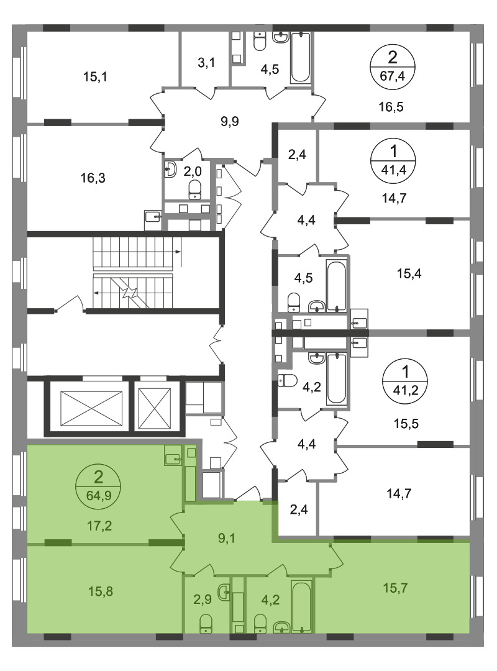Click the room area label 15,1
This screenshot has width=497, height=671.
[95, 77]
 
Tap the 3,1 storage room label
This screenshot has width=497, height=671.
[206, 63]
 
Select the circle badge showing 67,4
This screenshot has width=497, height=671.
[392, 66]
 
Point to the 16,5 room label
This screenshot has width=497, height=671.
[391, 107]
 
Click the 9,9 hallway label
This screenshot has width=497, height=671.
[229, 122]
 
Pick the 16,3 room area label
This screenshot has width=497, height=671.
[93, 178]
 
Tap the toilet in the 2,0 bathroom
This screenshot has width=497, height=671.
[195, 189]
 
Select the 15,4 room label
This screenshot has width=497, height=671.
[409, 273]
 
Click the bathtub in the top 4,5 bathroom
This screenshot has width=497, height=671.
[300, 58]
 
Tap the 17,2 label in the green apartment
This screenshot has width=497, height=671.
[99, 526]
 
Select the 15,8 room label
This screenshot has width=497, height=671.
[100, 591]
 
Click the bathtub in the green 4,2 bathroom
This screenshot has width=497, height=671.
[301, 606]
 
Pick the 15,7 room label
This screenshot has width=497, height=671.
[396, 588]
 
